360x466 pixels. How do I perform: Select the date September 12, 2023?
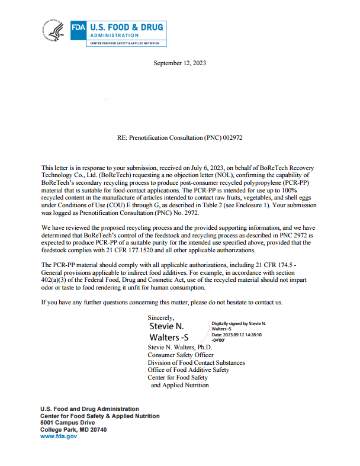179,63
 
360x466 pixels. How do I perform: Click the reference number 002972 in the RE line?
233,137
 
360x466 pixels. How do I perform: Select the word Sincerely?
161,318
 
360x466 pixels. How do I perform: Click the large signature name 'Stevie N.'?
166,326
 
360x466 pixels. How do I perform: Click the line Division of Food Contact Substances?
196,362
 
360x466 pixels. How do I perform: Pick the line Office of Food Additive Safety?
188,369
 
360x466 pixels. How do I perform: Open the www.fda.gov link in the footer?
59,436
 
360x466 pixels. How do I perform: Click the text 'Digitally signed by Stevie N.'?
239,324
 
